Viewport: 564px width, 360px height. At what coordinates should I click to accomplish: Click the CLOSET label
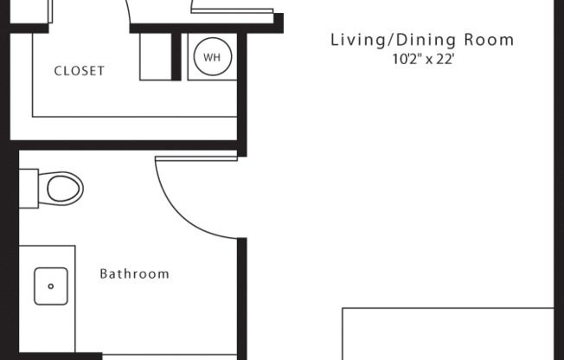pyautogui.click(x=80, y=71)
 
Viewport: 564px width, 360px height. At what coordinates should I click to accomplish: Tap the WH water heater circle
pyautogui.click(x=211, y=58)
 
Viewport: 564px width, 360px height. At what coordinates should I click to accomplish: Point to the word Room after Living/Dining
pyautogui.click(x=489, y=40)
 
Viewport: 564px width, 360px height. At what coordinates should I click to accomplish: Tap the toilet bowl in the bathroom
pyautogui.click(x=65, y=186)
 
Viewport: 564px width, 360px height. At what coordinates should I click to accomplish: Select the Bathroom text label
pyautogui.click(x=134, y=274)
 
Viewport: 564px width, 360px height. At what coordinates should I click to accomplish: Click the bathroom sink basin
pyautogui.click(x=51, y=286)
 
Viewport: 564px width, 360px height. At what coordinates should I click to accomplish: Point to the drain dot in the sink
pyautogui.click(x=52, y=286)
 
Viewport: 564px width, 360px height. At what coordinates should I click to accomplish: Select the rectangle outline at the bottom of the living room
pyautogui.click(x=447, y=333)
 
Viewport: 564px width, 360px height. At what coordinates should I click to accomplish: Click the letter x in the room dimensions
pyautogui.click(x=430, y=61)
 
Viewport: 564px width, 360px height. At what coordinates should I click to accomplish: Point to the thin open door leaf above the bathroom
pyautogui.click(x=195, y=157)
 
